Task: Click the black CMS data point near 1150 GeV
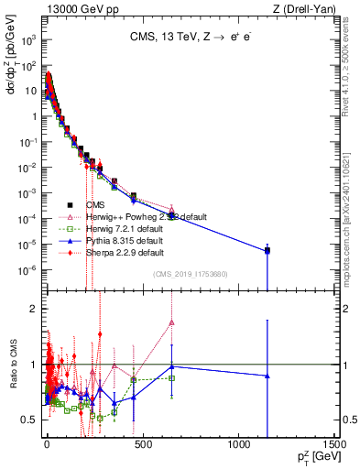267,250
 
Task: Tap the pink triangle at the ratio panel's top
171,322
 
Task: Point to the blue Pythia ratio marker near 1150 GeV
267,376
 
